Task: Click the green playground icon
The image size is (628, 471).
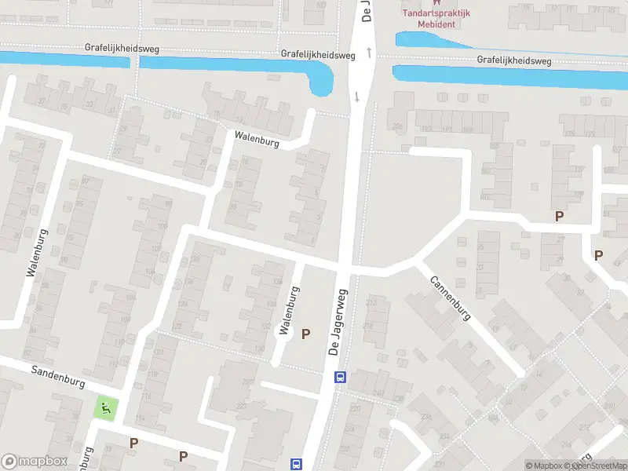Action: tap(104, 408)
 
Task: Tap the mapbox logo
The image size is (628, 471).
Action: tap(35, 462)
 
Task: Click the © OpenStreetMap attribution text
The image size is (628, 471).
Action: tap(601, 466)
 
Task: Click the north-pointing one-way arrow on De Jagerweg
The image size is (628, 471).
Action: tap(367, 52)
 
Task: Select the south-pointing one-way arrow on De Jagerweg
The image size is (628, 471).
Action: tap(357, 97)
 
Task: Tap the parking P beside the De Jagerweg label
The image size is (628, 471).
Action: tap(305, 334)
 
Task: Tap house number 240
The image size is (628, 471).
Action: tap(379, 392)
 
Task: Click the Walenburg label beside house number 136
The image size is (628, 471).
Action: tap(289, 310)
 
